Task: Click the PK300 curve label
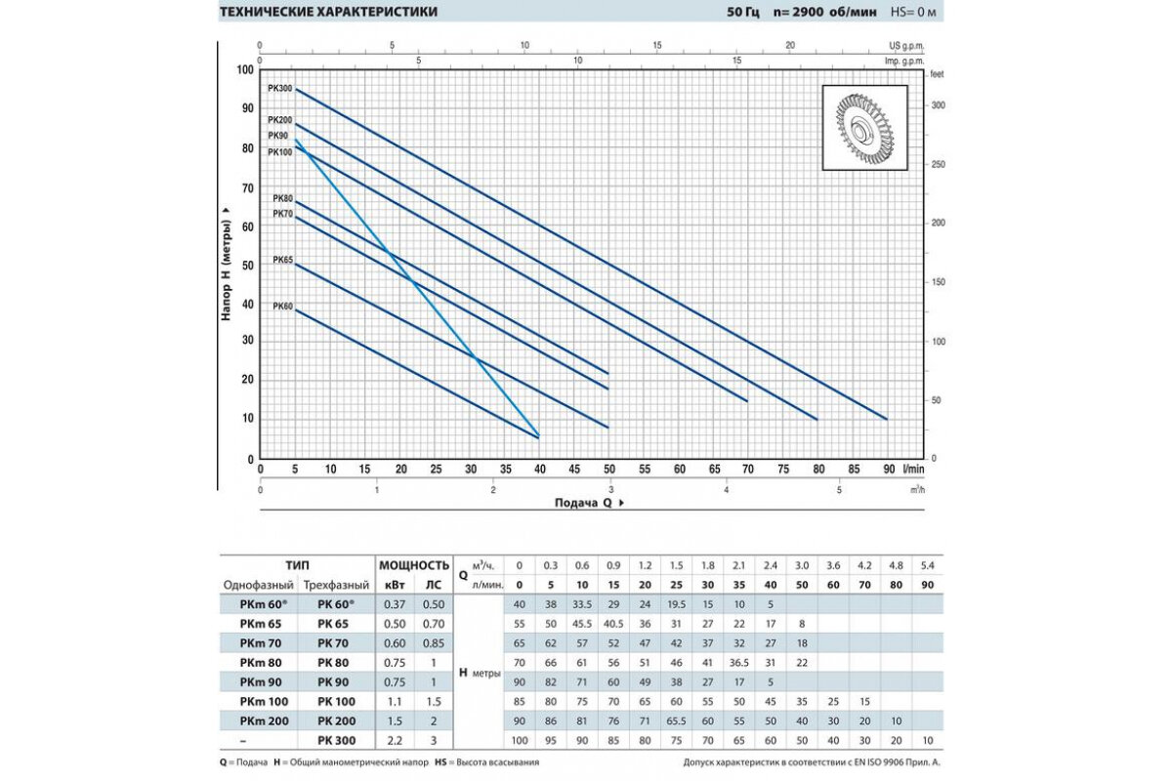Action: (x=279, y=89)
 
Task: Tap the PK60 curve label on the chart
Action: (x=281, y=307)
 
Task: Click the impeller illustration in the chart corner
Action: (x=863, y=126)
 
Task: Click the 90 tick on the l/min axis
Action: (x=889, y=470)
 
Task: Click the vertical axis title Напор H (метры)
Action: (x=227, y=263)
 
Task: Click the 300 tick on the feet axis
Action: (x=939, y=105)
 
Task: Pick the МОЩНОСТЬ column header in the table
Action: (x=413, y=564)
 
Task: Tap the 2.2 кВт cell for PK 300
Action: (x=396, y=739)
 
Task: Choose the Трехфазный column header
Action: (x=336, y=584)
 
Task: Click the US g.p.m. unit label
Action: (x=907, y=46)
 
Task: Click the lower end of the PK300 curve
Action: (x=886, y=419)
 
